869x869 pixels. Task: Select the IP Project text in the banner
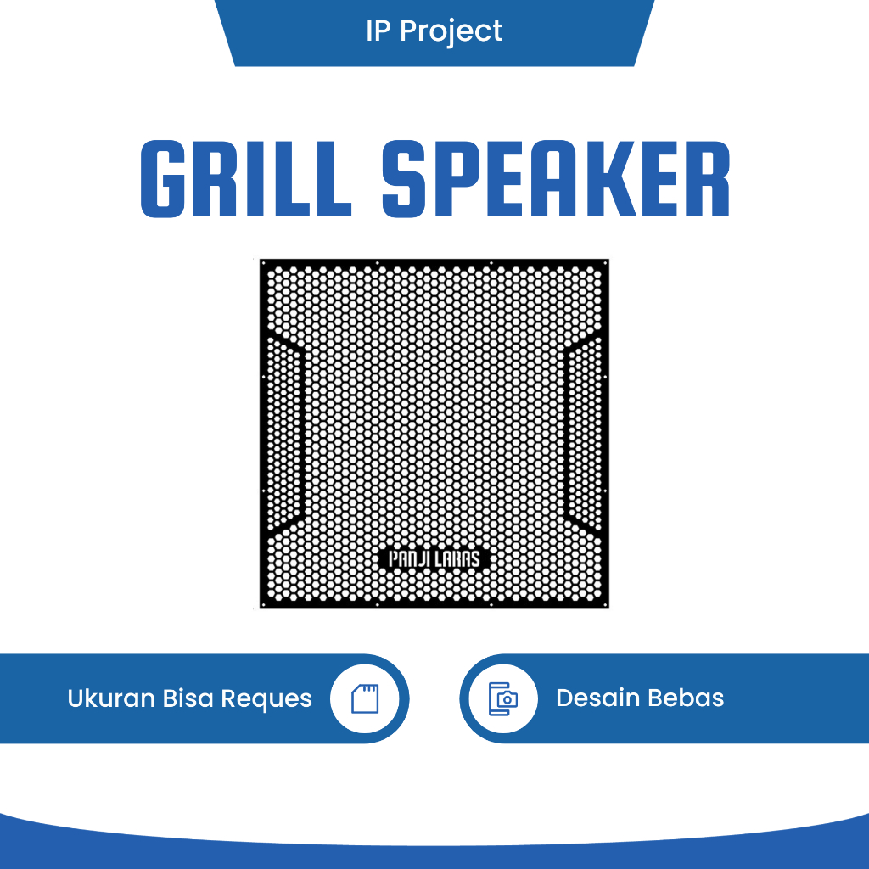[x=434, y=31]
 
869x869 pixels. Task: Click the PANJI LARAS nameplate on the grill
[x=434, y=559]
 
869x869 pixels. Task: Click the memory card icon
[x=365, y=698]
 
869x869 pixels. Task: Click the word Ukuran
[x=111, y=698]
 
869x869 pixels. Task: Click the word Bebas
[x=687, y=698]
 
